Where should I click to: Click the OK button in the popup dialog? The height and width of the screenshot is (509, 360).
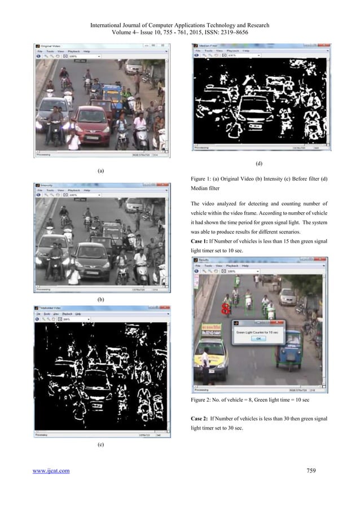[x=259, y=339]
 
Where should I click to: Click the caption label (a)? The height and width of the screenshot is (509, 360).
[x=100, y=170]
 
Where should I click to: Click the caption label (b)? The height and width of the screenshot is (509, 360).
[x=100, y=297]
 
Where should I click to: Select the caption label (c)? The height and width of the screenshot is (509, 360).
[x=100, y=445]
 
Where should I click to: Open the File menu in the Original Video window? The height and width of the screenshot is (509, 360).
[x=40, y=50]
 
